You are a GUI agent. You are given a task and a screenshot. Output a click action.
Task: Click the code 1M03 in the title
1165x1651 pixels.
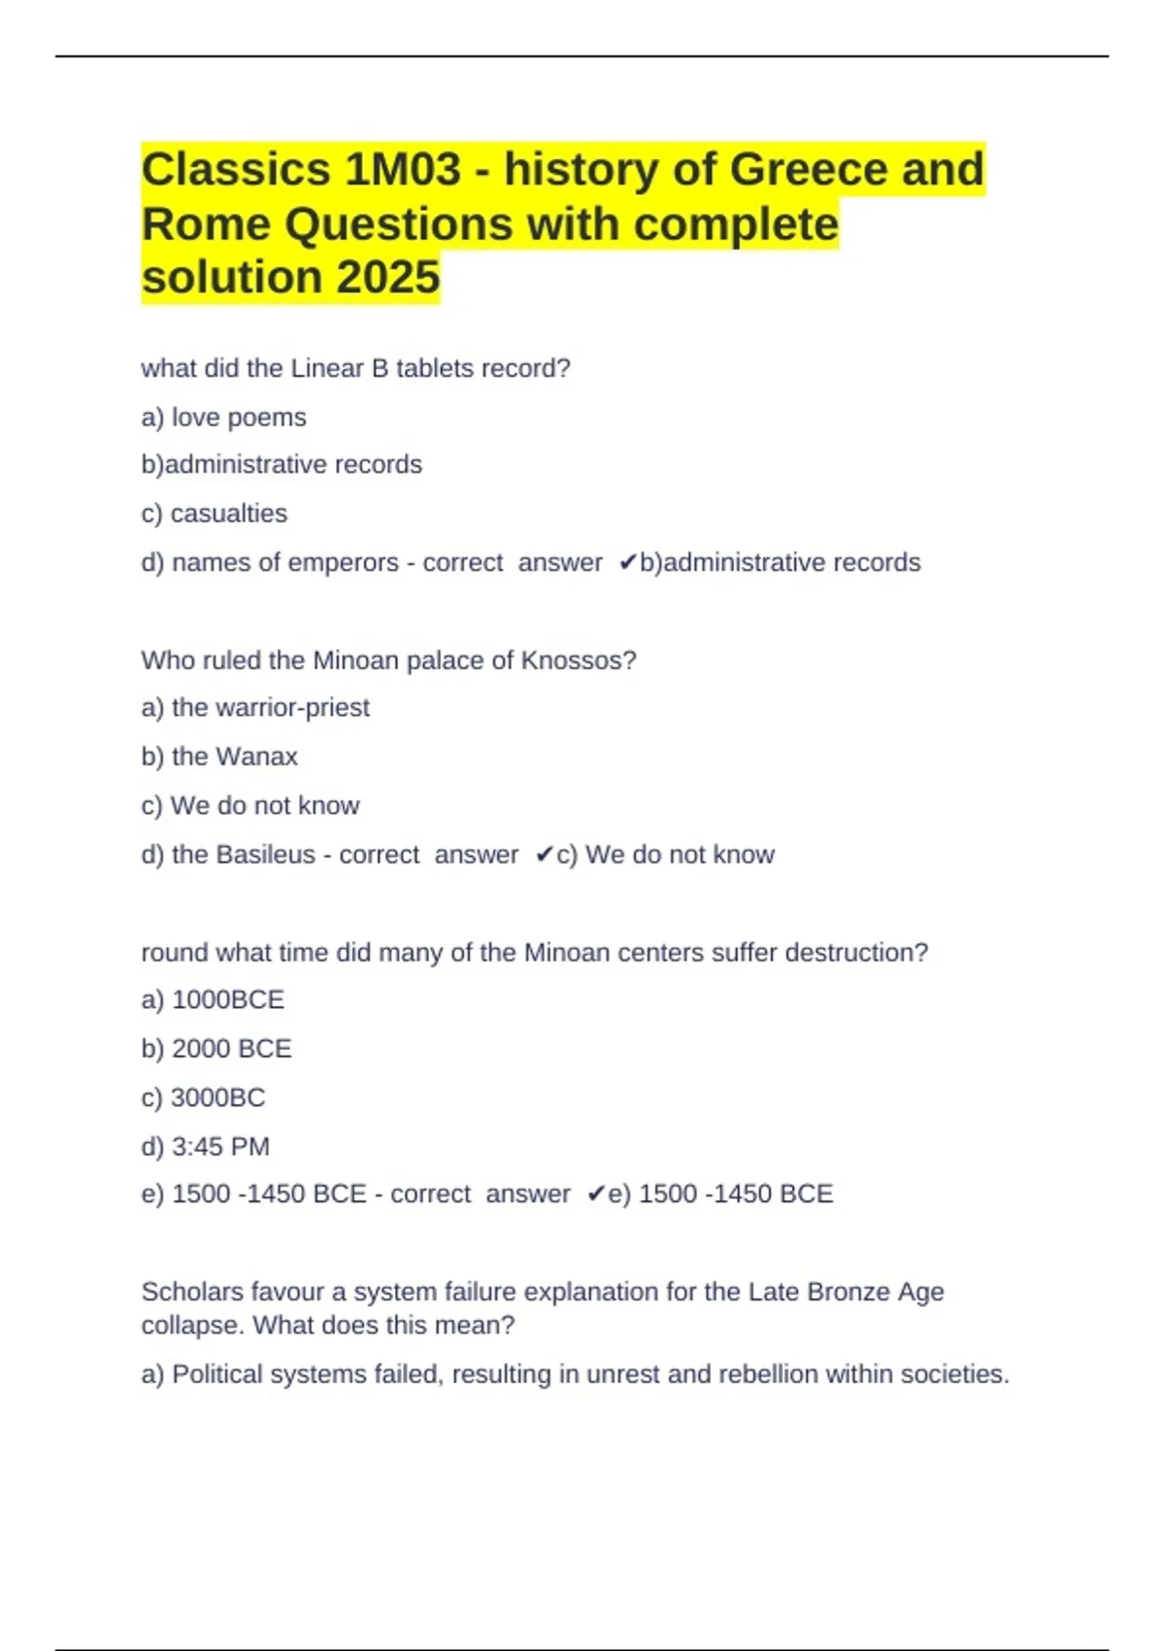coord(403,170)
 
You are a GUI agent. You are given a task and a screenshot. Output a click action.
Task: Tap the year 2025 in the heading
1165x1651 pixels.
coord(388,278)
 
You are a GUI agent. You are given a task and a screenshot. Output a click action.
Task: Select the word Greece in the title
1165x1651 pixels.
coord(809,170)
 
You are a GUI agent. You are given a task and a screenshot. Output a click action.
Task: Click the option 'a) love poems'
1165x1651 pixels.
coord(223,418)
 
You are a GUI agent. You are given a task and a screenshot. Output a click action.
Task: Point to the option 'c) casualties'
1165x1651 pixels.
coord(215,514)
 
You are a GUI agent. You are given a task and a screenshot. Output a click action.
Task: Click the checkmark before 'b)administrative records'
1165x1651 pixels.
coord(627,562)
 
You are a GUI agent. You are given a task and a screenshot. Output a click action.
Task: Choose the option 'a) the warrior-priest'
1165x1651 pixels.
coord(255,708)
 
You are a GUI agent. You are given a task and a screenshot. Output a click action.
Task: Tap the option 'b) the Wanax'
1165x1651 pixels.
coord(219,757)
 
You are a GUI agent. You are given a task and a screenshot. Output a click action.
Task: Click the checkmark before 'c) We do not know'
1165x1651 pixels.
coord(544,855)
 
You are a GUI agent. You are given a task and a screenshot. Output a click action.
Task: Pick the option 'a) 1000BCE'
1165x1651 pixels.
coord(213,1000)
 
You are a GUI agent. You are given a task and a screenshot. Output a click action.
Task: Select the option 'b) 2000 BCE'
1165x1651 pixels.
coord(216,1049)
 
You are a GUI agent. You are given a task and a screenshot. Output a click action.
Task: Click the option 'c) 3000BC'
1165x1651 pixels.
coord(203,1097)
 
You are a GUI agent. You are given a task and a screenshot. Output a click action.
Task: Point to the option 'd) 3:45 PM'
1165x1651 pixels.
coord(205,1147)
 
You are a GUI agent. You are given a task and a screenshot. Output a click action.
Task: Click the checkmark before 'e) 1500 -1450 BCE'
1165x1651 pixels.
coord(596,1194)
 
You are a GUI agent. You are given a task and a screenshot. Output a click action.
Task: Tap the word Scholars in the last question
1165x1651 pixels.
coord(192,1292)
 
